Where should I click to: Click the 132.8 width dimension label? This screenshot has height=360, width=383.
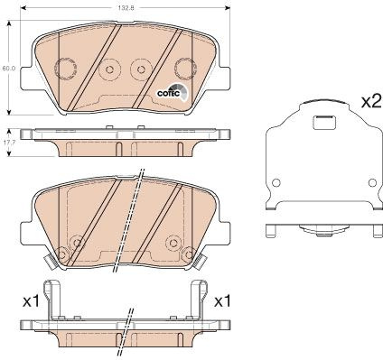(x=125, y=8)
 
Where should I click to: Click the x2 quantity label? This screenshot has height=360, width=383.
(x=371, y=102)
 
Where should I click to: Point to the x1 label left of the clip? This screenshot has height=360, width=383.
(x=31, y=301)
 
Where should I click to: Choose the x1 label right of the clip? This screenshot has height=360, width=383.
(x=222, y=301)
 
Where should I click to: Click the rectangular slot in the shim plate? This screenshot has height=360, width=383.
(x=324, y=123)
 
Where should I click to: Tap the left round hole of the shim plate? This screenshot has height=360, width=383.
(x=276, y=182)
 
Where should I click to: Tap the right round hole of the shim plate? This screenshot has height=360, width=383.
(x=372, y=182)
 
